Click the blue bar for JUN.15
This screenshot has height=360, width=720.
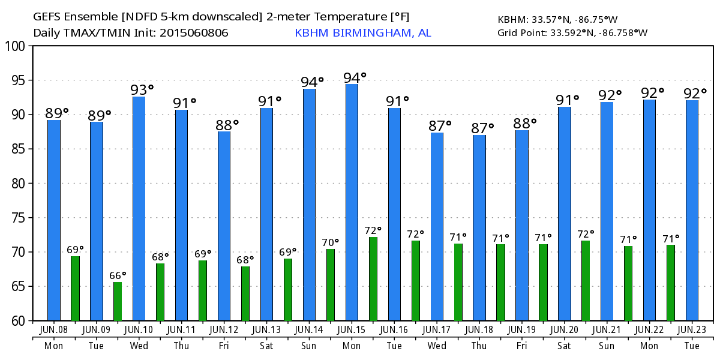[x=352, y=202]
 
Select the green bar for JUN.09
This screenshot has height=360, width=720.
[x=118, y=301]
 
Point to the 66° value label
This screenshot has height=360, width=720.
[x=118, y=275]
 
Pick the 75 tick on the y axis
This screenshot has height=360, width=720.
[x=17, y=218]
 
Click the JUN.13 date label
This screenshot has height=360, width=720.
[x=266, y=329]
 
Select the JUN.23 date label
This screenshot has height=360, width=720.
[x=692, y=329]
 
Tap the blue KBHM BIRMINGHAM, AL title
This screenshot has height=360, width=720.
[x=363, y=33]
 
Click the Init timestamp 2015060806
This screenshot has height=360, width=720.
[x=194, y=33]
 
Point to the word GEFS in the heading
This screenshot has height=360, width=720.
[x=50, y=17]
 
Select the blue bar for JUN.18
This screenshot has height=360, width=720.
[x=479, y=228]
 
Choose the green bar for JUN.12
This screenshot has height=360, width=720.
[x=245, y=293]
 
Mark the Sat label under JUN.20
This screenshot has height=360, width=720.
[x=565, y=346]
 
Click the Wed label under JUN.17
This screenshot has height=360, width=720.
[x=437, y=346]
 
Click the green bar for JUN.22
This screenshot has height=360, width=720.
[x=671, y=283]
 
